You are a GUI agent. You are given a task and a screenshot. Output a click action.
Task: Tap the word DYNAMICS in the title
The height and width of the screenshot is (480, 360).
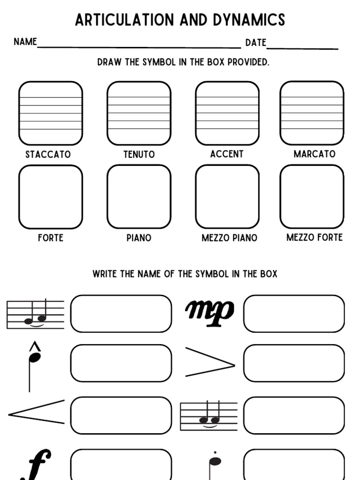point(248,20)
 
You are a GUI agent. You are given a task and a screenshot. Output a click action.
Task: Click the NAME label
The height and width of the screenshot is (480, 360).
point(25,42)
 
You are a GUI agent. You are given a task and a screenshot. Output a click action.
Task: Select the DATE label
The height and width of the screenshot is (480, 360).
point(255,43)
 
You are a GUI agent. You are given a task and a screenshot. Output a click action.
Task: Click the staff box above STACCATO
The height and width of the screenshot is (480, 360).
point(51,113)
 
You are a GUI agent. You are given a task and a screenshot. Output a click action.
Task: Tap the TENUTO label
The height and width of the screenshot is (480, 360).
point(139,154)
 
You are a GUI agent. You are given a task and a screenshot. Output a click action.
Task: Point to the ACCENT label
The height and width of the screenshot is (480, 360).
point(227,154)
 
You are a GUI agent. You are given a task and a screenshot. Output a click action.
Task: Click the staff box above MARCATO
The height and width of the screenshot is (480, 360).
point(312,113)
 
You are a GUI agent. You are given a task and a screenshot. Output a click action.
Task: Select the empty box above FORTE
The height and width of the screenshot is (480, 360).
point(51,197)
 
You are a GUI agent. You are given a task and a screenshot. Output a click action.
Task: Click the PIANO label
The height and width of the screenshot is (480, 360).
point(139,238)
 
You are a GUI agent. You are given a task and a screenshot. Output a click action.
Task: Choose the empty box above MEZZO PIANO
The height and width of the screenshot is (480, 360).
point(227,197)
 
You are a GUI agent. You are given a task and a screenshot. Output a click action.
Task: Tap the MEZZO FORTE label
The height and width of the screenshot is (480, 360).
point(315,237)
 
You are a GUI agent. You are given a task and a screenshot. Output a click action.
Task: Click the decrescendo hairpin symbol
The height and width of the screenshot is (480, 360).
point(210,362)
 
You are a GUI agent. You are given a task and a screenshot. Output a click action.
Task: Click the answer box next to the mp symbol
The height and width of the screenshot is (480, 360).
point(294,314)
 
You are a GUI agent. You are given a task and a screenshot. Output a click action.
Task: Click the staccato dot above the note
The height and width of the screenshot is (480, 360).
point(215,453)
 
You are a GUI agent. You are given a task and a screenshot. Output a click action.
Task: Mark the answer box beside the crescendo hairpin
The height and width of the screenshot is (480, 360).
point(121,415)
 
